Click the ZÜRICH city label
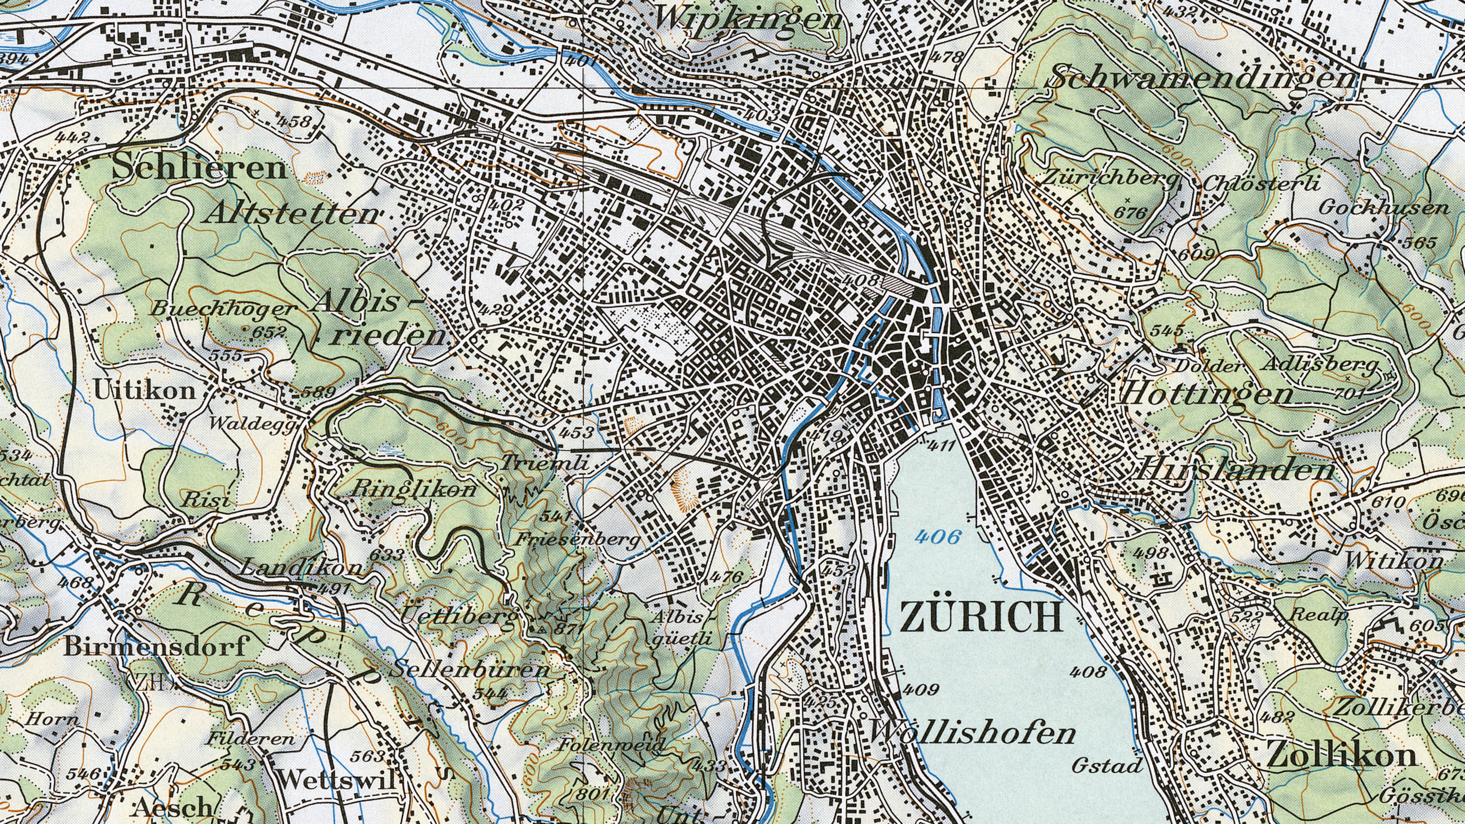click(x=981, y=617)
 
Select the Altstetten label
click(x=292, y=214)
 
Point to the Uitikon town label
click(x=145, y=390)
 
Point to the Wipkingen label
click(x=748, y=18)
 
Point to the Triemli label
click(x=544, y=463)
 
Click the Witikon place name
click(x=1393, y=561)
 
